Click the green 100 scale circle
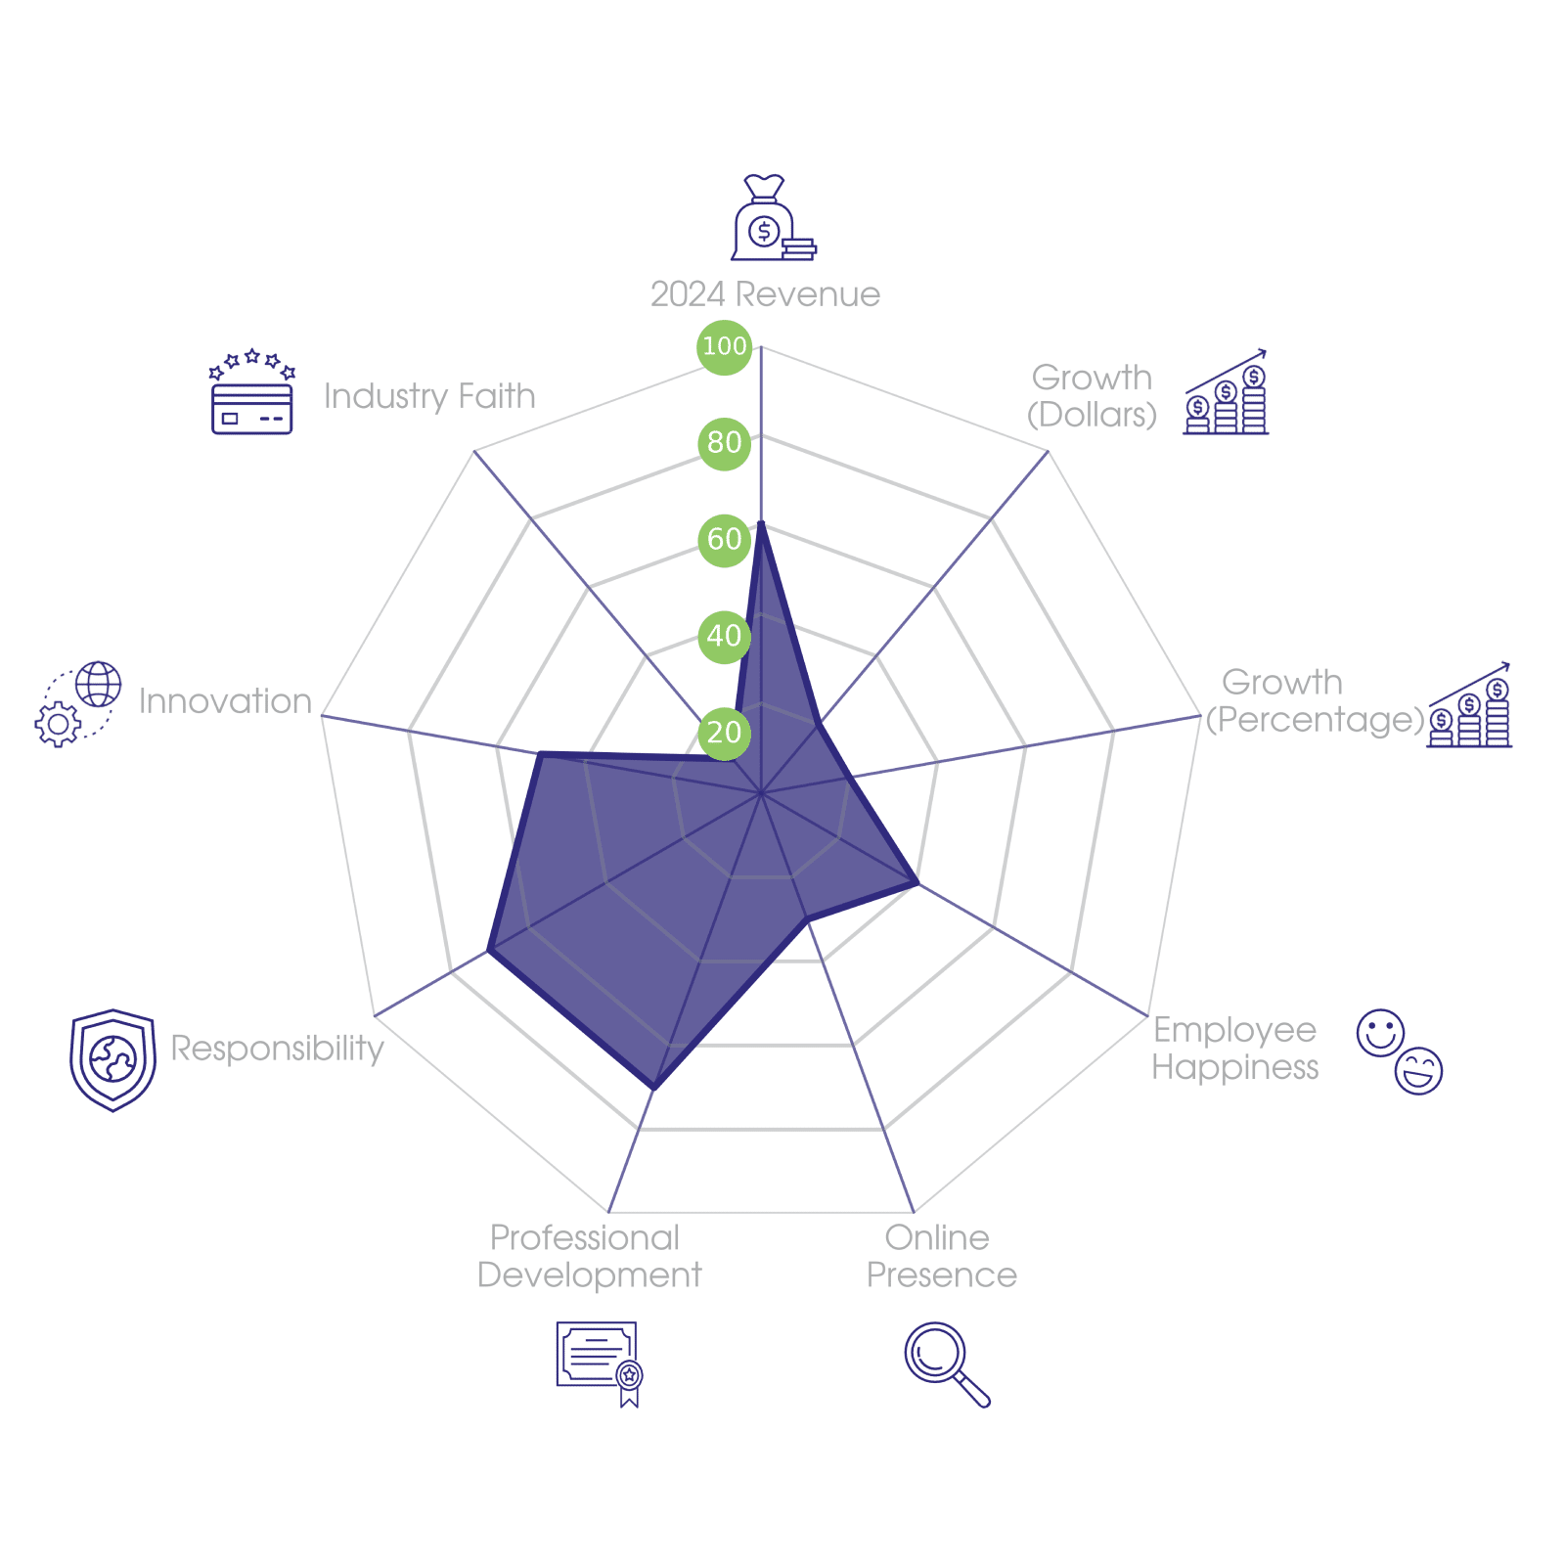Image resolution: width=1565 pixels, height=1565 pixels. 724,346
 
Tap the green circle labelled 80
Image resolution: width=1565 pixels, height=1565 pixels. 724,443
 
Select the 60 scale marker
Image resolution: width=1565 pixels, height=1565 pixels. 724,539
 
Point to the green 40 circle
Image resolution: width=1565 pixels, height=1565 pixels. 724,636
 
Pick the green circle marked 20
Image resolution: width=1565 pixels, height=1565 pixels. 724,733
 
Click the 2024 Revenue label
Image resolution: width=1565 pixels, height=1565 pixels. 765,294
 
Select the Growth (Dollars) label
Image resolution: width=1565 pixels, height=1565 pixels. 1092,396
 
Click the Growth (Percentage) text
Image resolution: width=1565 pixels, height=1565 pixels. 1314,701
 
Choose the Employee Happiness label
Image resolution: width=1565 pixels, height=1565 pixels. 1234,1049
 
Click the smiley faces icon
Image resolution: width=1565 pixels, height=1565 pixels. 1400,1051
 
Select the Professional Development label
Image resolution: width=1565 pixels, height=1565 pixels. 588,1257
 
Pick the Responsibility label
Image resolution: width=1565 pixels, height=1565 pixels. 278,1049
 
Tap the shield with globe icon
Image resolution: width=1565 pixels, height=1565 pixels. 113,1059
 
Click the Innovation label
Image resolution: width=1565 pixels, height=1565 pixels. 225,701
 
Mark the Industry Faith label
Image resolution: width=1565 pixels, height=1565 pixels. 429,396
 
